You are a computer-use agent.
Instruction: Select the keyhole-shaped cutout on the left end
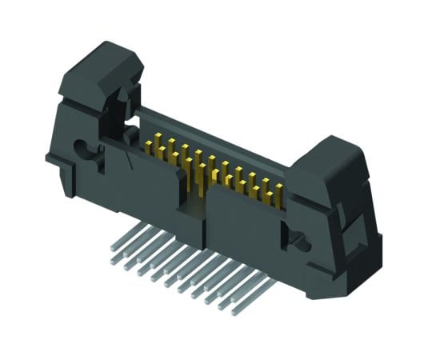82,149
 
